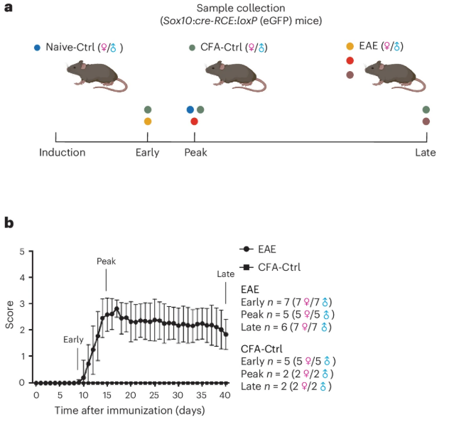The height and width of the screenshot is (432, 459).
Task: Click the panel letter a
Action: click(9, 9)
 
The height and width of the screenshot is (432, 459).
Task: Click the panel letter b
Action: click(9, 223)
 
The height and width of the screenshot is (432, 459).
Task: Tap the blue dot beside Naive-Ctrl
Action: click(37, 48)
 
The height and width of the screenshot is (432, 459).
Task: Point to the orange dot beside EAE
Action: click(350, 46)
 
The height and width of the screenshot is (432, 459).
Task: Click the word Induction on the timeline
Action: click(63, 152)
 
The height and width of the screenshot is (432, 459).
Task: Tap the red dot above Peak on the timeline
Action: click(194, 121)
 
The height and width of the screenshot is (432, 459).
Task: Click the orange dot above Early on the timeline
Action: click(148, 121)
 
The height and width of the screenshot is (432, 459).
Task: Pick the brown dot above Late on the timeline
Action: click(426, 121)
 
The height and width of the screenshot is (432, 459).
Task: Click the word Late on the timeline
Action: click(426, 152)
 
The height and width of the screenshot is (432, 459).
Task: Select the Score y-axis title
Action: click(9, 317)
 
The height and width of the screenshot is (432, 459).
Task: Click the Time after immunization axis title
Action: click(129, 411)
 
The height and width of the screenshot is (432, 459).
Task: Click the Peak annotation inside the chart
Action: click(106, 261)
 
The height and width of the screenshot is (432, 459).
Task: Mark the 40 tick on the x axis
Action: click(224, 394)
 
